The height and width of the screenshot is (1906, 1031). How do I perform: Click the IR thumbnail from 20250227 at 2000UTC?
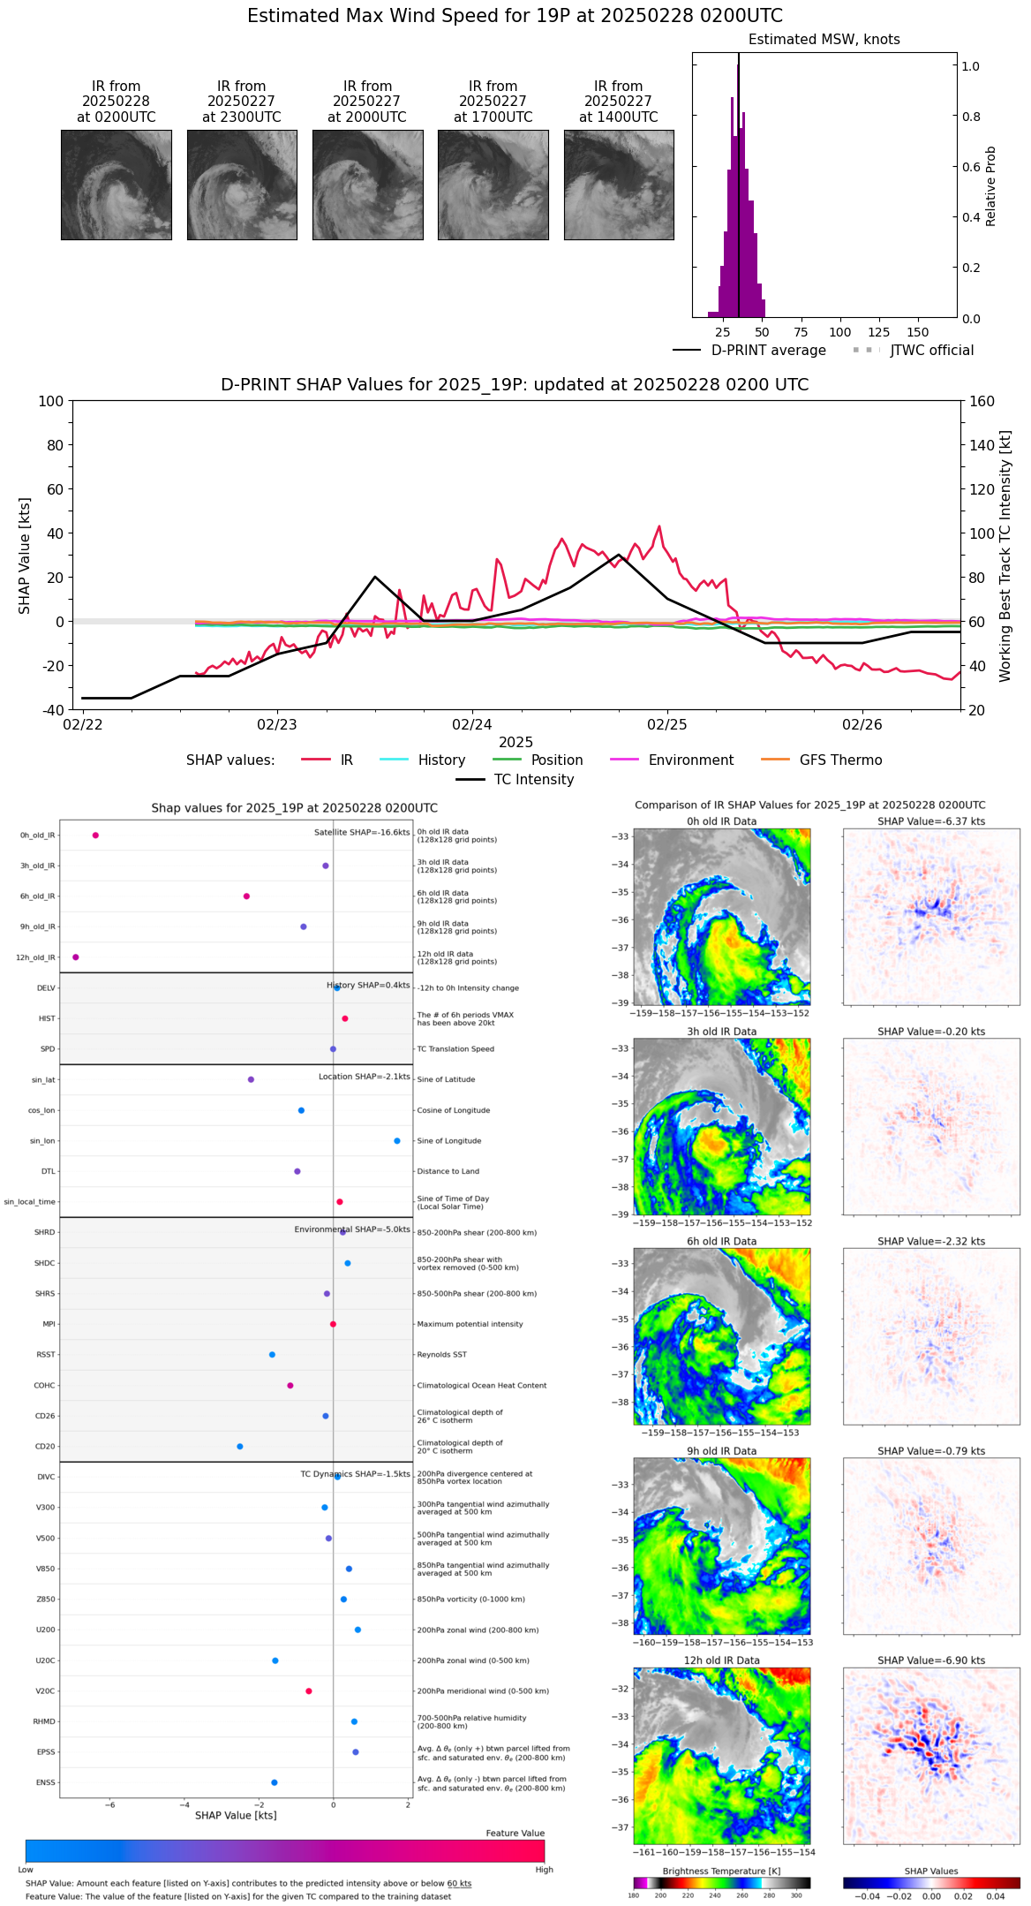click(x=367, y=185)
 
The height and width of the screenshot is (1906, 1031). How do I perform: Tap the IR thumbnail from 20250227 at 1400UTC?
click(x=619, y=185)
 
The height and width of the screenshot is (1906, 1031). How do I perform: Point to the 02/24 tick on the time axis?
click(x=472, y=724)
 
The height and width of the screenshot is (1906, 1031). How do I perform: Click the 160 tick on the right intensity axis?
click(x=982, y=401)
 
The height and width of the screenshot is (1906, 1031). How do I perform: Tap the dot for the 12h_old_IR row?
click(x=76, y=957)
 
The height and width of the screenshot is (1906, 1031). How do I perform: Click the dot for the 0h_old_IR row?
click(x=95, y=835)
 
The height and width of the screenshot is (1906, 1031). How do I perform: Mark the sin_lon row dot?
click(x=397, y=1141)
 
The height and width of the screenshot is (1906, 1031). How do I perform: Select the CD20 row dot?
click(x=240, y=1447)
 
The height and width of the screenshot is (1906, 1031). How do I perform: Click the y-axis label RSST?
click(x=46, y=1355)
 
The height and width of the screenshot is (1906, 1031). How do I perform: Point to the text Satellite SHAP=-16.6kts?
click(x=362, y=833)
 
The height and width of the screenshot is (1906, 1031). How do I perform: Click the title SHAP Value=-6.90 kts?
click(x=931, y=1660)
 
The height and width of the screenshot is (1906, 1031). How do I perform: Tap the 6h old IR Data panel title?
click(x=721, y=1241)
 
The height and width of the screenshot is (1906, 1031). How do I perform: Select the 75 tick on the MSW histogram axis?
click(x=801, y=332)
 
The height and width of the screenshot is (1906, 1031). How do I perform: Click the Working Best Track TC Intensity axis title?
click(x=1005, y=556)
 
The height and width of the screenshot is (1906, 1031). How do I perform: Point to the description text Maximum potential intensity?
click(x=470, y=1324)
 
